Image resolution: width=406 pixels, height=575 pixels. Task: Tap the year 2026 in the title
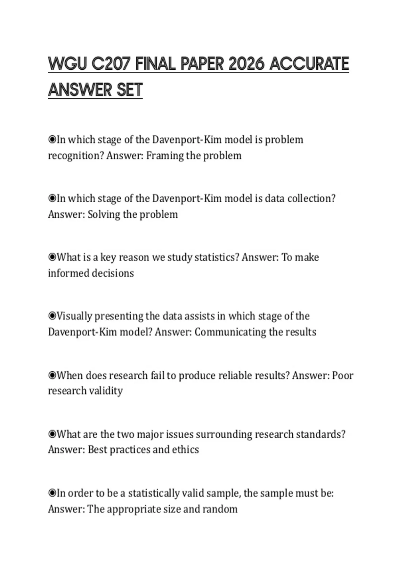click(246, 64)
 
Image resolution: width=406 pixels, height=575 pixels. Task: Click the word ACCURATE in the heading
click(309, 64)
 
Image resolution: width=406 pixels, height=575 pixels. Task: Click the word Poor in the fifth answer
click(343, 375)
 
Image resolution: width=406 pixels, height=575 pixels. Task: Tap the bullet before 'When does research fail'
click(52, 375)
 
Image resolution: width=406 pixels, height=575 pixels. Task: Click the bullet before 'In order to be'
click(52, 493)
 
